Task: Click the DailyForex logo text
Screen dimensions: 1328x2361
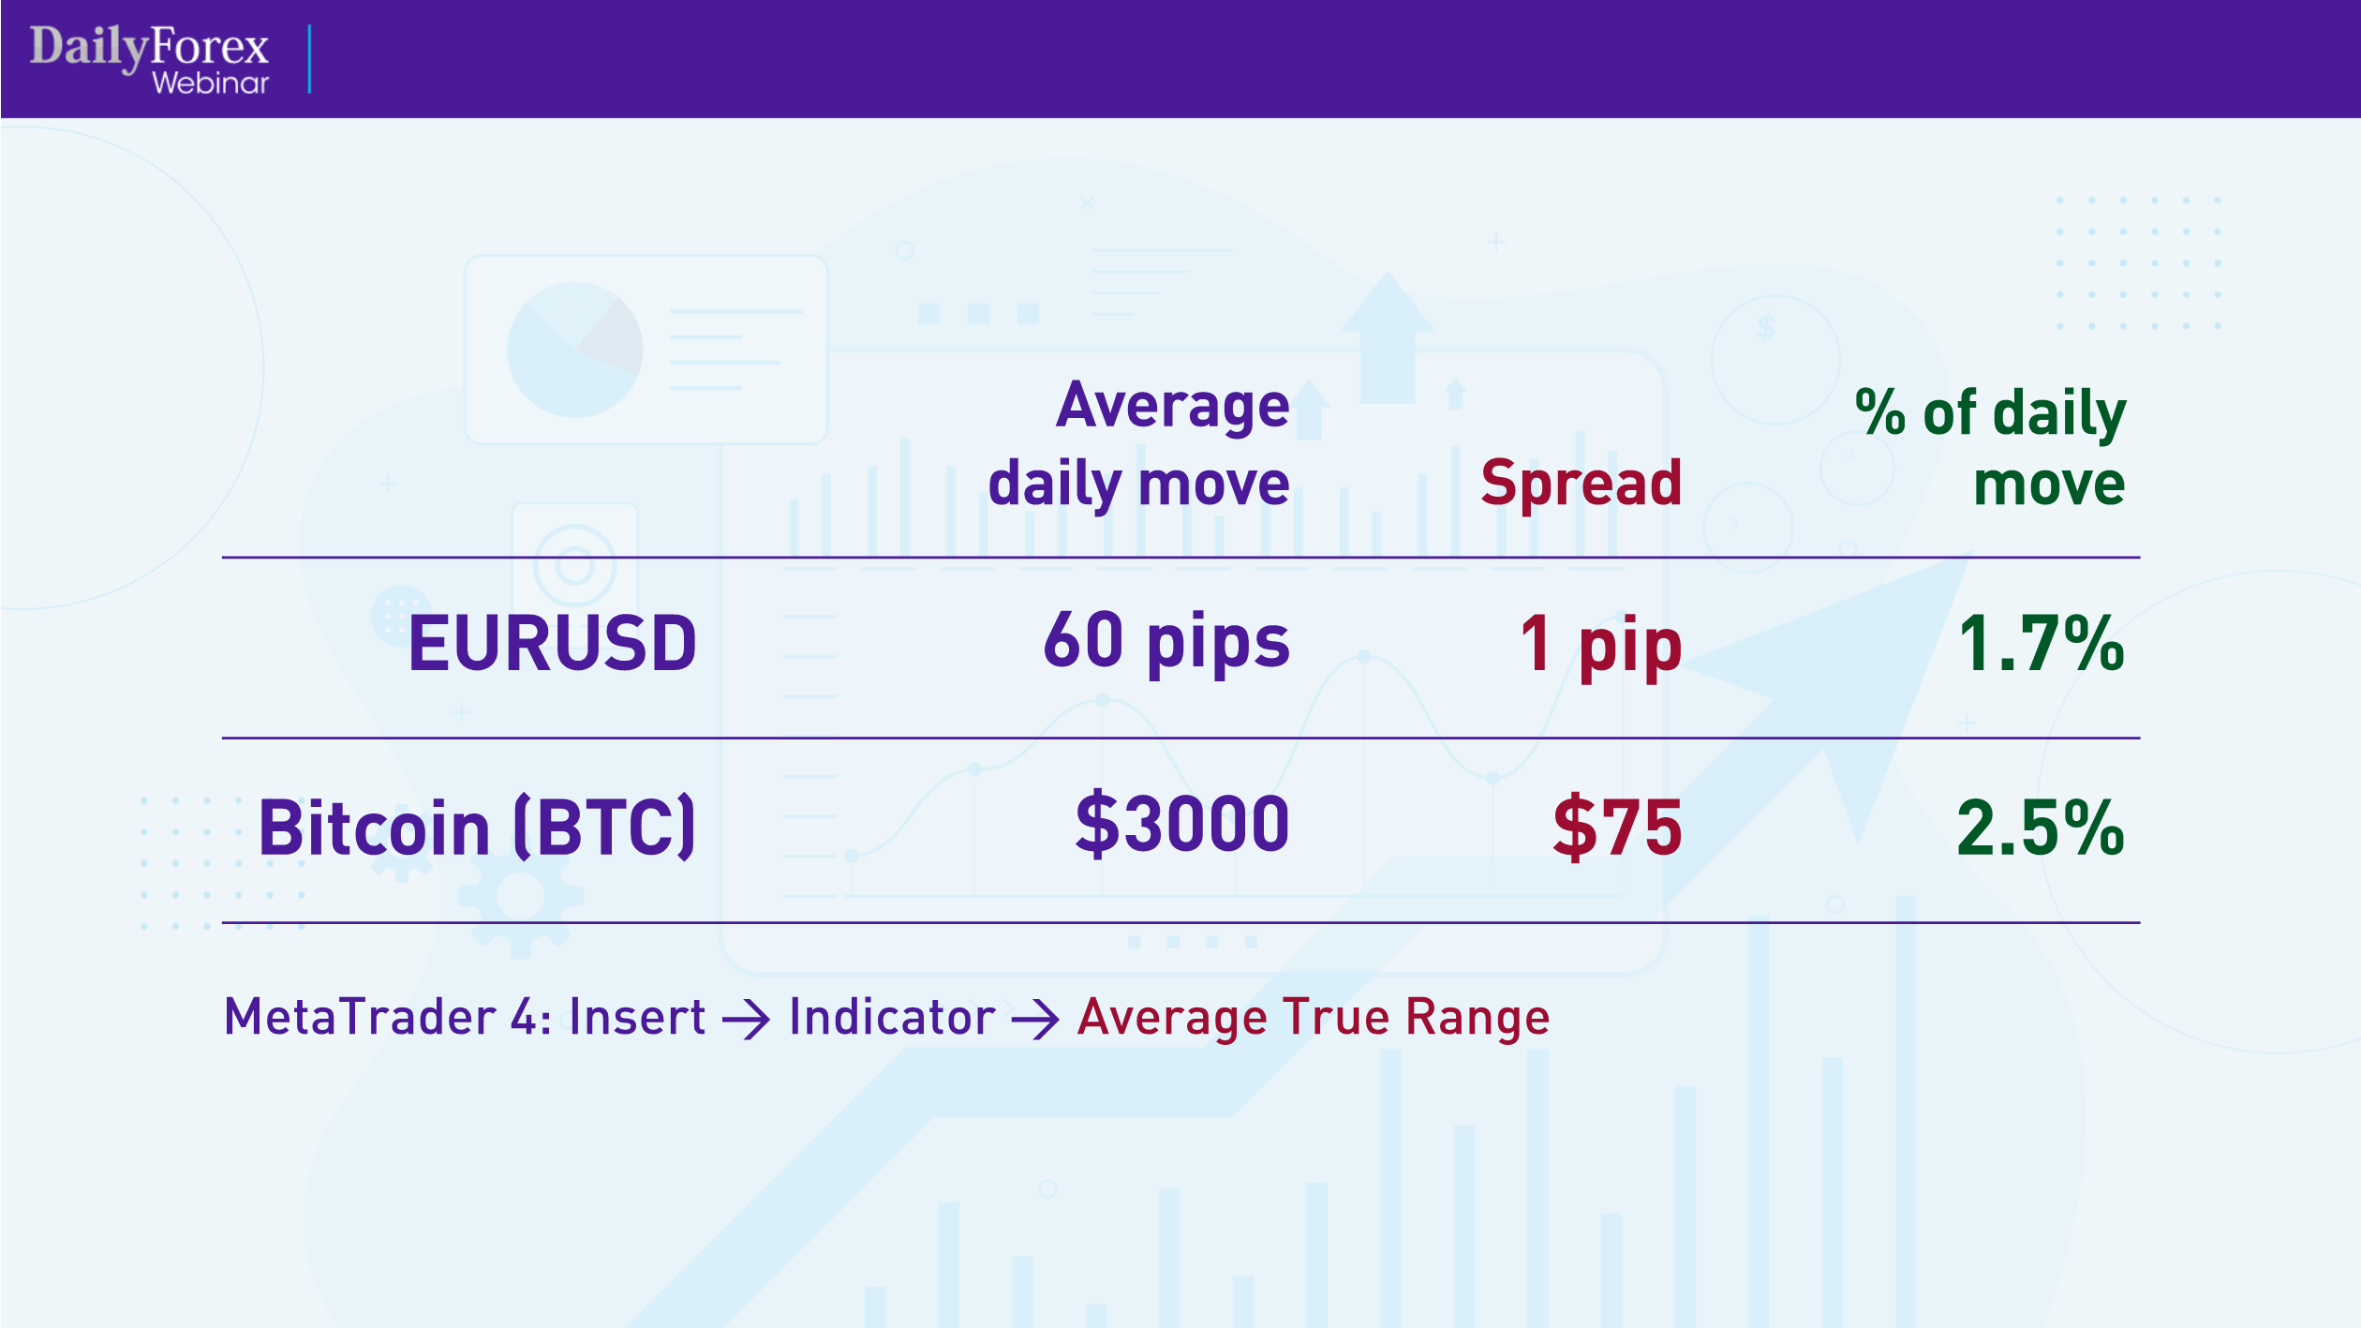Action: click(149, 47)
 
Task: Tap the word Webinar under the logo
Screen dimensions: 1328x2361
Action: click(211, 83)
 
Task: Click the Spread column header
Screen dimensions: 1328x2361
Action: click(1581, 484)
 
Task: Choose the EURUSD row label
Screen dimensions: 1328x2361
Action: click(553, 644)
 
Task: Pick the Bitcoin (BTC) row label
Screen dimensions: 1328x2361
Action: click(477, 828)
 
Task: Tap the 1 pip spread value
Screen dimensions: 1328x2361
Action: click(1601, 645)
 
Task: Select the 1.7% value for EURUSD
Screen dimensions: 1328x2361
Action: click(2041, 644)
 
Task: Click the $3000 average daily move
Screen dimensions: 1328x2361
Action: click(1182, 825)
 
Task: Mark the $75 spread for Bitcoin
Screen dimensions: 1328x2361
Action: click(1617, 828)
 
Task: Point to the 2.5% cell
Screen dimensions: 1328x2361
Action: click(2041, 828)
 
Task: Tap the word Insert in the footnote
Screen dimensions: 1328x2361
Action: click(637, 1017)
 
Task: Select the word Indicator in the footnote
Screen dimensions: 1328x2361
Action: click(892, 1017)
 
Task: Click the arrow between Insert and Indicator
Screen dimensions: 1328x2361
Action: click(747, 1020)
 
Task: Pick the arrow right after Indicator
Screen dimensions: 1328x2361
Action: click(1035, 1020)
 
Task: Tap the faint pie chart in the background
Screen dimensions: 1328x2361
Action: click(574, 350)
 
